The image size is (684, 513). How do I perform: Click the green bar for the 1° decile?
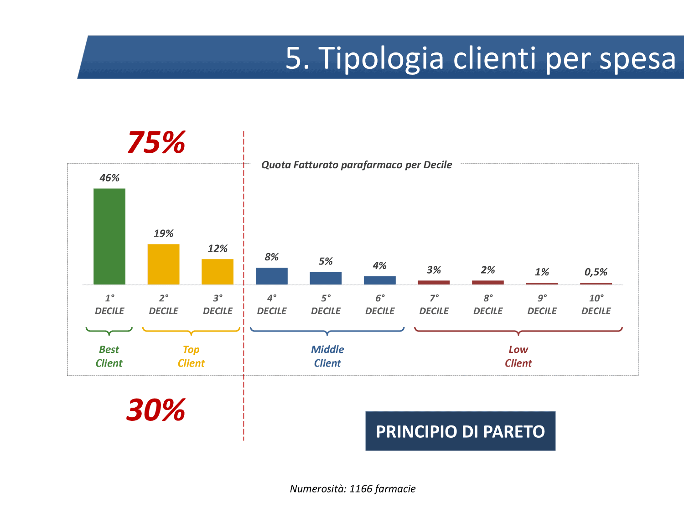[x=109, y=236]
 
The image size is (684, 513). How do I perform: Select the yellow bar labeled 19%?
[x=163, y=264]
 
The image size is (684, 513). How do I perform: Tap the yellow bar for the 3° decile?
[x=218, y=272]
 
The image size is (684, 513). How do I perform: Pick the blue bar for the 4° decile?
[x=272, y=276]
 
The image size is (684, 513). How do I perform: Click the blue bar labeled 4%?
[x=380, y=280]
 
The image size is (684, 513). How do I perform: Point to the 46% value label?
[x=109, y=178]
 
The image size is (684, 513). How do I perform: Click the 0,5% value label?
[x=596, y=272]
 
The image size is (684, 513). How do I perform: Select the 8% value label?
[x=271, y=257]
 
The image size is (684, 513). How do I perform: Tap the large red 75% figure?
[x=156, y=142]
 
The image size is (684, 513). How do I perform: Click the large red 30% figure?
[x=156, y=410]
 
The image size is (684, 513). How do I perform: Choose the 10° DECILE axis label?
[x=596, y=304]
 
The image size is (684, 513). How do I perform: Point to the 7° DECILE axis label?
[x=434, y=304]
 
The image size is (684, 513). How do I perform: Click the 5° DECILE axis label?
[x=326, y=304]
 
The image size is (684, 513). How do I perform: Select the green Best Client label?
[x=109, y=356]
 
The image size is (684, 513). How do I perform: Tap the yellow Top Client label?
[x=191, y=356]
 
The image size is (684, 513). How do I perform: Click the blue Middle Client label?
[x=327, y=356]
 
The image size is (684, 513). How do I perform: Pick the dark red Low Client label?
[x=518, y=356]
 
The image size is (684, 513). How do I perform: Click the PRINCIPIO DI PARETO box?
[x=460, y=431]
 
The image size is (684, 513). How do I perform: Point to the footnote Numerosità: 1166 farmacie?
[x=353, y=489]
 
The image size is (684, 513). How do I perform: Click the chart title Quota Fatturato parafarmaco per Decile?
[x=357, y=165]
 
